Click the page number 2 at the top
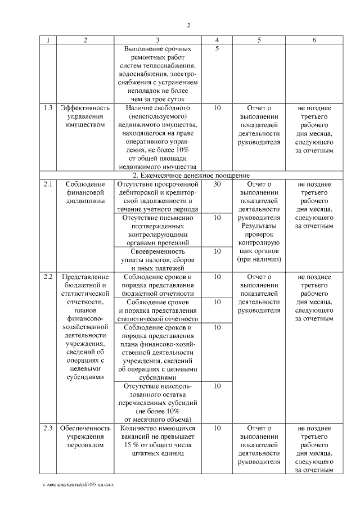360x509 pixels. tap(189, 25)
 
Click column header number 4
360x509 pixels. tap(217, 40)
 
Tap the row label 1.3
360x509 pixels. tap(48, 107)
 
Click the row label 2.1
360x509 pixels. tap(48, 184)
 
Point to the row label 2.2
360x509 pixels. tap(48, 277)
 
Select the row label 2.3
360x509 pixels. tap(48, 429)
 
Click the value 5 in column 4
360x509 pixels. tap(217, 49)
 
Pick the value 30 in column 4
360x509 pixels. tap(217, 184)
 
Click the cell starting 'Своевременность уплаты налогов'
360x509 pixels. tap(157, 260)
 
